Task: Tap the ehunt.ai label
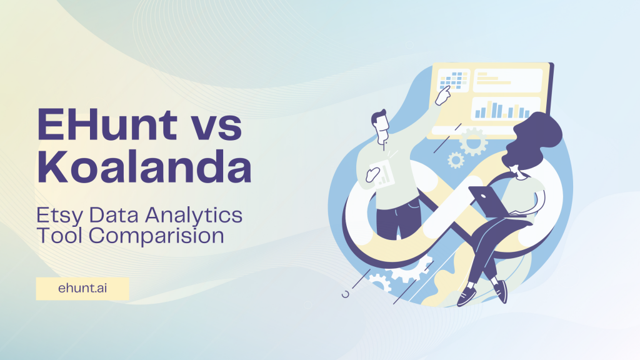(82, 289)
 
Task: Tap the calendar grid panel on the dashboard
(453, 80)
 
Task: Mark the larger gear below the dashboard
(473, 141)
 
